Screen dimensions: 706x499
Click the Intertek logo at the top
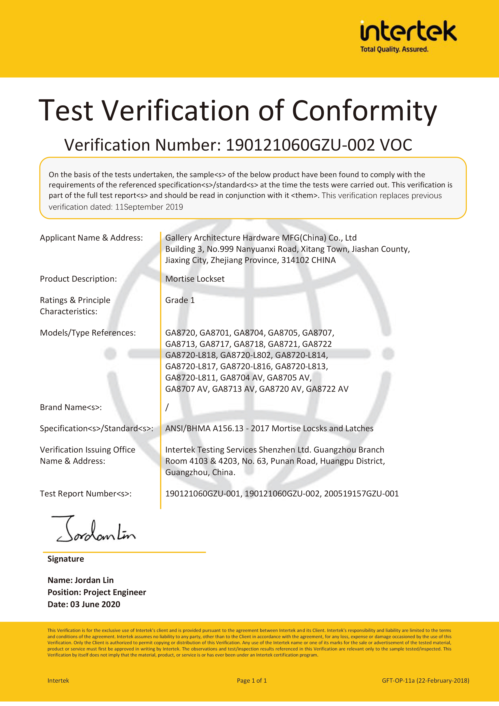408,31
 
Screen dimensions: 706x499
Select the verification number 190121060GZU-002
300,145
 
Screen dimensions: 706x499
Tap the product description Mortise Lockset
195,279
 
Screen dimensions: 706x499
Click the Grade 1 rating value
180,300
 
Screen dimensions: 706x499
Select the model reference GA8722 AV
327,389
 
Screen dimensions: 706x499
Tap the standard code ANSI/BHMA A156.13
204,428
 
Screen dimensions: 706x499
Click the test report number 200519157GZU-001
361,494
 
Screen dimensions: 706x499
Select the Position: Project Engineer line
97,592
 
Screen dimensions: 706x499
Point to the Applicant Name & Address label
91,238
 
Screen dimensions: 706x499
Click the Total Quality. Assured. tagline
394,49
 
